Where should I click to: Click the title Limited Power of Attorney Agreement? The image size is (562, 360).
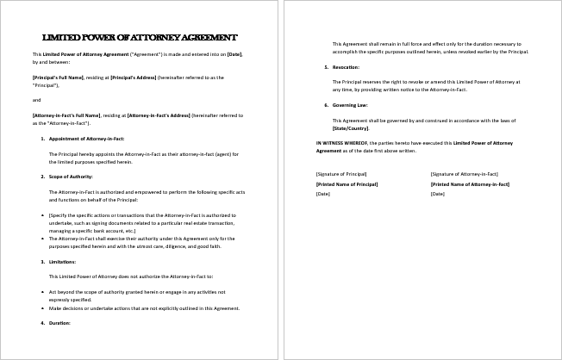pos(140,37)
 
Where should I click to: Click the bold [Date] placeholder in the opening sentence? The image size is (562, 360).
pos(234,53)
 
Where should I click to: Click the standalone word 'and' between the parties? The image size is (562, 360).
pos(36,99)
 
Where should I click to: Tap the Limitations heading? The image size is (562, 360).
pos(63,261)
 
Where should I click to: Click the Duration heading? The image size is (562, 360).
pos(59,322)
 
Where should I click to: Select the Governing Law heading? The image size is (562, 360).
pos(349,104)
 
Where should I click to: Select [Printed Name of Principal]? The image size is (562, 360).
pos(348,184)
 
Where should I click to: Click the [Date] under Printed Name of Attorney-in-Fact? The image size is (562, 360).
pos(437,194)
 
